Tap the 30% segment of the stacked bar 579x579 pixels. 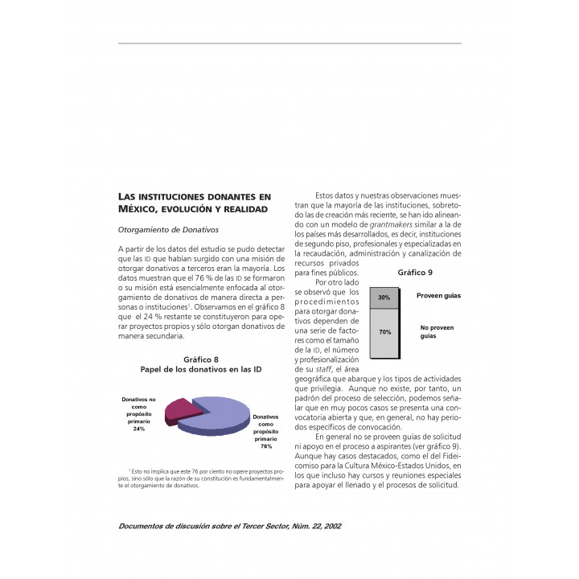pos(384,298)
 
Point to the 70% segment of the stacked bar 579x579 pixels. pos(384,332)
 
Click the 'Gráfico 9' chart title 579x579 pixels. pos(415,273)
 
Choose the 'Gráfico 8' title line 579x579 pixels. pos(201,359)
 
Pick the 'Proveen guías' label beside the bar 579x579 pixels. pos(438,296)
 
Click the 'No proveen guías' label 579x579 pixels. pos(437,332)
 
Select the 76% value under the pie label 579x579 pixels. pos(265,446)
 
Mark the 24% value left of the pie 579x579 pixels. pos(139,429)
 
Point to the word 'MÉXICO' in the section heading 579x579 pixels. pos(138,209)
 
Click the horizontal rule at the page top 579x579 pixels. pos(289,43)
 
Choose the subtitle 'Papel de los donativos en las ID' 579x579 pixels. pos(201,369)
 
